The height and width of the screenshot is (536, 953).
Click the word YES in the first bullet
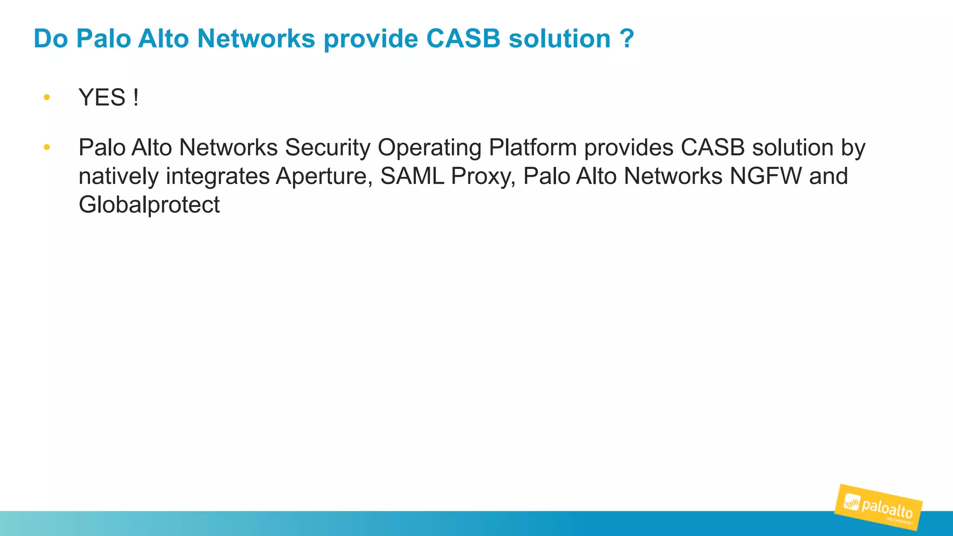[102, 98]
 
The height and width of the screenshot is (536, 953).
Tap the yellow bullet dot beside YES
[47, 97]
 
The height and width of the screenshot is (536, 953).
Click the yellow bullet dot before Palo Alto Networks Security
[47, 147]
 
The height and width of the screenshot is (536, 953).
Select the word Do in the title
[51, 39]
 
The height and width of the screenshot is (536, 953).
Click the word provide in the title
[370, 39]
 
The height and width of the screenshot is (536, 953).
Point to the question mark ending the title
[627, 39]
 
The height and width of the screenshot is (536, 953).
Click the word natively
[119, 177]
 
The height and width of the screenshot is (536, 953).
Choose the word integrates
[218, 177]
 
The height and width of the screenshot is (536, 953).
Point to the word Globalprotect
[149, 205]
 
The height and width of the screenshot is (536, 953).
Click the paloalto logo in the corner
[879, 507]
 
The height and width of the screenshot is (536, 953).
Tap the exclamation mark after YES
[135, 98]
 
